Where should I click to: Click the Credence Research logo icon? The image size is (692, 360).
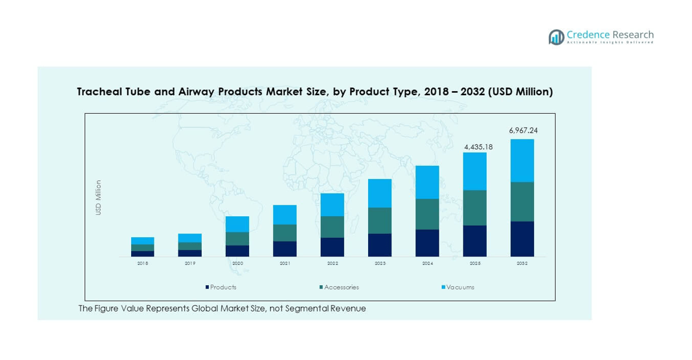coord(556,37)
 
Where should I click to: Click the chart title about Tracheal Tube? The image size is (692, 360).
coord(314,92)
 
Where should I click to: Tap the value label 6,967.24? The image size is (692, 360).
coord(523,130)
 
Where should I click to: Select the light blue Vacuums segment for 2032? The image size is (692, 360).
coord(522,161)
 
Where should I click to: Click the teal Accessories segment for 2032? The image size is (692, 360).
coord(522,201)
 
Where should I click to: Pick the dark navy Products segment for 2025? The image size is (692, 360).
coord(475,241)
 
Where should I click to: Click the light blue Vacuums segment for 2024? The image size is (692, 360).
coord(427,182)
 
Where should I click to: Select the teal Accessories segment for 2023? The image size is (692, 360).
coord(380,220)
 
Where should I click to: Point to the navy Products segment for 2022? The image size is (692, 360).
coord(332,247)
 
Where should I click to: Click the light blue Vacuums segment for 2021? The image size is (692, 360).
coord(285,214)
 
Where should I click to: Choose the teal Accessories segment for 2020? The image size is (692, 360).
coord(238,238)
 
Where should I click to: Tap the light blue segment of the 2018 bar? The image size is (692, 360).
coord(142,241)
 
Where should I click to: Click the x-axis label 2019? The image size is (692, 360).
coord(190,263)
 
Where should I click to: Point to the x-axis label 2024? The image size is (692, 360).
coord(427,263)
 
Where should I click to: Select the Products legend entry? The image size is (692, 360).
coord(221,287)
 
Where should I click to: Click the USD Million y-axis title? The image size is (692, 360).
coord(99,198)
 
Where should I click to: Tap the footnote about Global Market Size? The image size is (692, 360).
coord(222,308)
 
